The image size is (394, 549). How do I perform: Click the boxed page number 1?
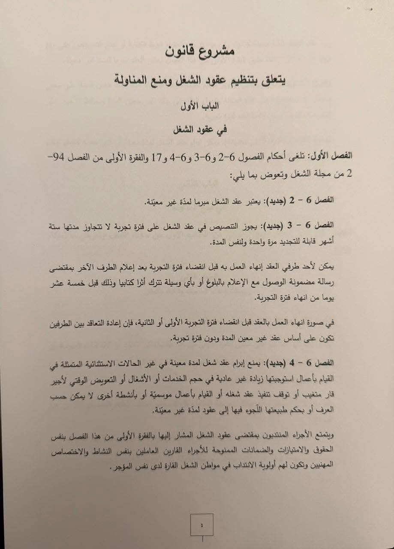(x=202, y=525)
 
